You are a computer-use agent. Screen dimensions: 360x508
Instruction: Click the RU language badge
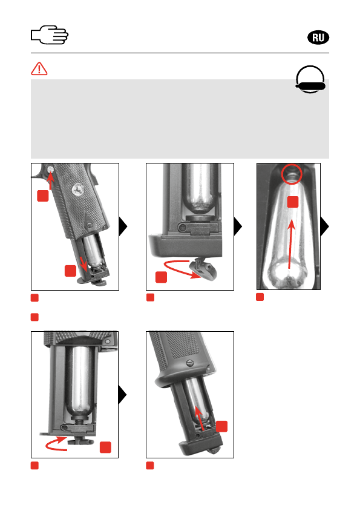tap(318, 38)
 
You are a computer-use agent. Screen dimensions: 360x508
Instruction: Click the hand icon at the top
tap(50, 35)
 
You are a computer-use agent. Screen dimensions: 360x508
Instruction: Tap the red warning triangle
tap(39, 68)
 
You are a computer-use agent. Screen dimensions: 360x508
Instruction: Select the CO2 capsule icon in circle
tap(310, 79)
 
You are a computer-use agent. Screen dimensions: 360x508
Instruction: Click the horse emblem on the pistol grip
tap(78, 189)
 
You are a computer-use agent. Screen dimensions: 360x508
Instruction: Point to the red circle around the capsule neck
tap(292, 174)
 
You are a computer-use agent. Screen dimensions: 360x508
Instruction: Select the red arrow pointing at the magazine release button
tap(50, 180)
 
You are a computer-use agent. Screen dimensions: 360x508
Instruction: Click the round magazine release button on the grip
tap(51, 169)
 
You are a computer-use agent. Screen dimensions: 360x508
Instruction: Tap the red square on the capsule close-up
tap(293, 202)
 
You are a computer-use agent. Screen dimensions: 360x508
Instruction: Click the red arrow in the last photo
tap(200, 418)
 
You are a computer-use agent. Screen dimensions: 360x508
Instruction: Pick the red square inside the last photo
tap(222, 426)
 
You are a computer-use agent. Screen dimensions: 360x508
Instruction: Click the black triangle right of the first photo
tap(123, 226)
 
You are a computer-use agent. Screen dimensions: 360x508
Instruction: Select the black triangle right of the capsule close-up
tap(325, 226)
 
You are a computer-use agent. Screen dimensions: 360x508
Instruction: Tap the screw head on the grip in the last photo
tap(191, 363)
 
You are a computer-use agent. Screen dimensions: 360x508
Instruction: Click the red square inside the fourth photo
tap(105, 447)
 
